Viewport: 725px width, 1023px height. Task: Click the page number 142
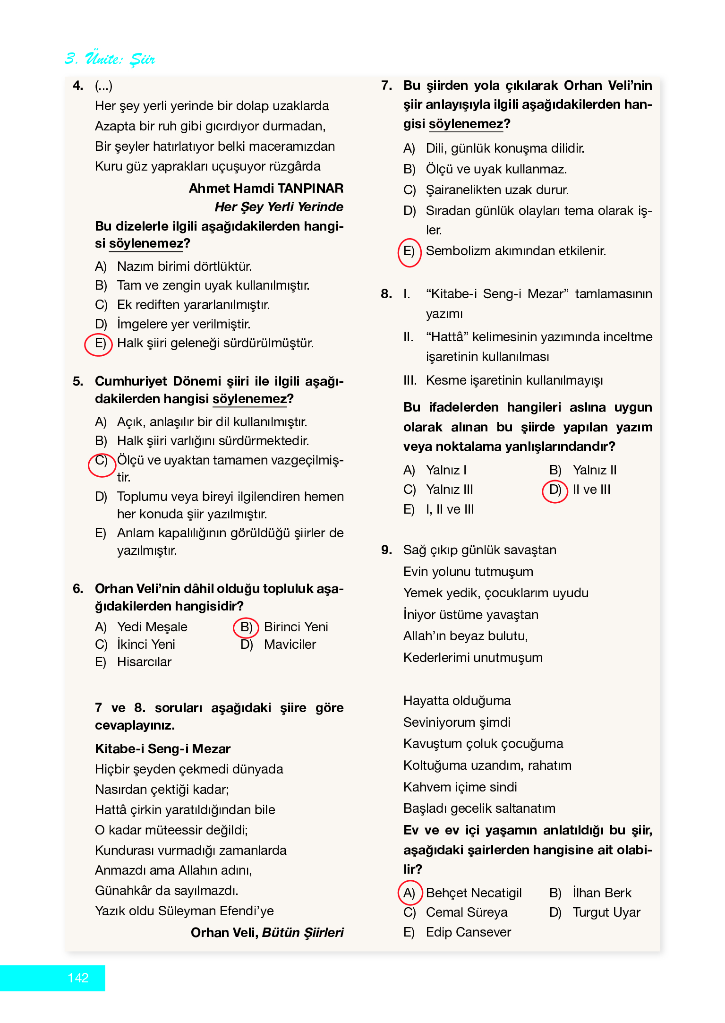78,978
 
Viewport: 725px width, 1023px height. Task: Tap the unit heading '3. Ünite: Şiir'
110,59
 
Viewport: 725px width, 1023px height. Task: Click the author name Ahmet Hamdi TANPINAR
266,188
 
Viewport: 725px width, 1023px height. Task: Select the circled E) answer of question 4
100,343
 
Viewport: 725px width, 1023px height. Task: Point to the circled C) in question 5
102,461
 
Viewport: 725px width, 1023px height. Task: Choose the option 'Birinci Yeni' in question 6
296,627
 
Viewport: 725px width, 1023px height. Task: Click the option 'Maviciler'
290,644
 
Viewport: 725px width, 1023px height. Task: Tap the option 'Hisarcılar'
144,662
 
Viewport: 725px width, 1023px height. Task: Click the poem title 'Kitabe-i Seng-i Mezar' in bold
162,748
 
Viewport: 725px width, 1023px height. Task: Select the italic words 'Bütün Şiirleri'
303,932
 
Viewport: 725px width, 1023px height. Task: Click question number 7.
386,86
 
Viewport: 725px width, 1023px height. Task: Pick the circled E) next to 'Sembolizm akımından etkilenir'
409,251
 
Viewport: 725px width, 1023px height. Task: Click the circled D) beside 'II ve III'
555,490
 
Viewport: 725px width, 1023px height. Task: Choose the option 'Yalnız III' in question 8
449,490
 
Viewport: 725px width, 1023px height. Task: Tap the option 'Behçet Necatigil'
473,893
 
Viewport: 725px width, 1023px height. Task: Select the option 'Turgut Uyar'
606,912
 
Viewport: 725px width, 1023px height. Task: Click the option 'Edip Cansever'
468,932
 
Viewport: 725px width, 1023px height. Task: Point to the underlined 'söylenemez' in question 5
249,399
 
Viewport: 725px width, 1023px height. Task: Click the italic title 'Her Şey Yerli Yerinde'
279,207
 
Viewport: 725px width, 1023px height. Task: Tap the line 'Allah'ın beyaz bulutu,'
465,636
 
